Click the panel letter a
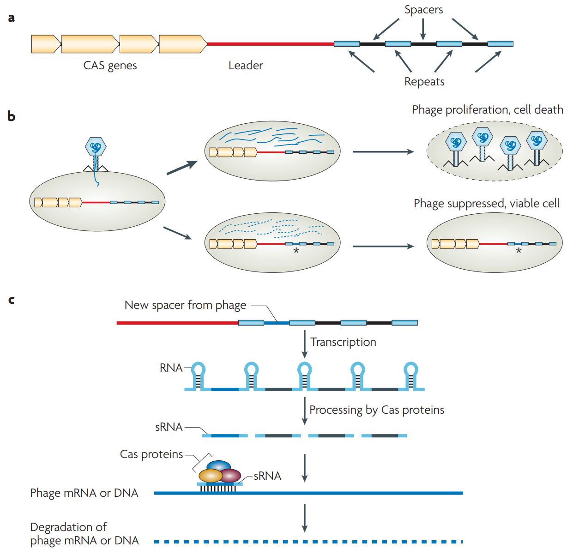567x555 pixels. tap(12, 18)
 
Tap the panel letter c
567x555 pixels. tap(12, 300)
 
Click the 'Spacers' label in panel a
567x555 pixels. tap(423, 10)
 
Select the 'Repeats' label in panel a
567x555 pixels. tap(424, 82)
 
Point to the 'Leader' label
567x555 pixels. tap(246, 66)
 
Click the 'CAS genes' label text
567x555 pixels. tap(110, 66)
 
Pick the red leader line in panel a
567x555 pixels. tap(271, 44)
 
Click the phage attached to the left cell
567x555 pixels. tap(96, 148)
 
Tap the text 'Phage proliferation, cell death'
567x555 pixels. tap(487, 109)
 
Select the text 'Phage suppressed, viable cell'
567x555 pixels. tap(486, 204)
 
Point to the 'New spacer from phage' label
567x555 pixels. tap(185, 305)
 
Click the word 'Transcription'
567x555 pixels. tap(343, 342)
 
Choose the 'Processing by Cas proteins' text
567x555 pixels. tap(377, 410)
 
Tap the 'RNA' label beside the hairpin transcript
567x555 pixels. tap(171, 368)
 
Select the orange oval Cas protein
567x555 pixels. tap(210, 476)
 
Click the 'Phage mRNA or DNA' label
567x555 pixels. tap(84, 493)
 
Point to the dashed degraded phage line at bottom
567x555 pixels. tap(308, 541)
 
